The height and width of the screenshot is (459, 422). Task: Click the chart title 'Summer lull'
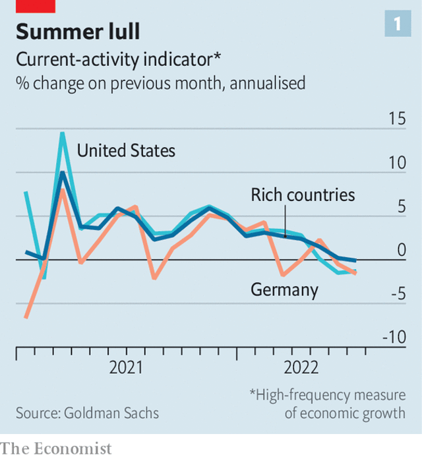coord(78,31)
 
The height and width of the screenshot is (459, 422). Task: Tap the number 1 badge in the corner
coord(398,24)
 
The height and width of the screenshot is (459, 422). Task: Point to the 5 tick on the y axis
coord(400,206)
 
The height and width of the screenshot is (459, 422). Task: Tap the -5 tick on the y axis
coord(397,293)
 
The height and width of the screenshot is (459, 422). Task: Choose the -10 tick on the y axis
coord(394,338)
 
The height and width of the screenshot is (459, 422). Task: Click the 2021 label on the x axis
coord(126,367)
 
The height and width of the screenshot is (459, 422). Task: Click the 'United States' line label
coord(126,150)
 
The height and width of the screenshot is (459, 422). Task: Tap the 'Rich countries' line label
coord(303,195)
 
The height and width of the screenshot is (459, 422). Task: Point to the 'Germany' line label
coord(284,290)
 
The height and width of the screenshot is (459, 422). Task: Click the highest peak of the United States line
coord(63,133)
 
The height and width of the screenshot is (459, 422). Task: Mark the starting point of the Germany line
coord(26,317)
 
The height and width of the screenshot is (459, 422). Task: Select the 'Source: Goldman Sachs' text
coord(87,413)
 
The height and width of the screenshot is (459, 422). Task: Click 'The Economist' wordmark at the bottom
coord(56,448)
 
